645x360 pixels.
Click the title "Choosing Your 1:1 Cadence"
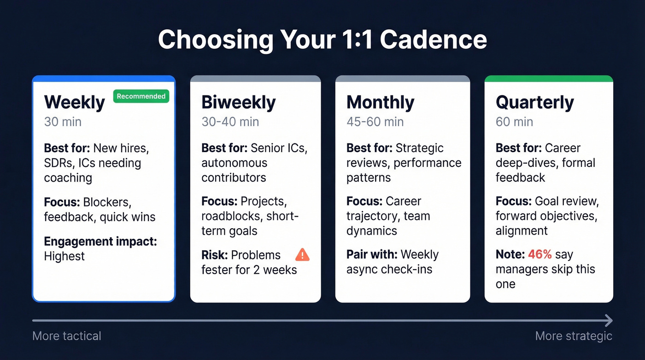[322, 40]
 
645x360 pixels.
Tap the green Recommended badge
[141, 96]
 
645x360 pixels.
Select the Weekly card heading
[75, 102]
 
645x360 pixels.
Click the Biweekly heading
[238, 102]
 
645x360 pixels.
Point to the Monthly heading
[380, 102]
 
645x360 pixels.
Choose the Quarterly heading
[534, 102]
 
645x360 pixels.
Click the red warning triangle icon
[302, 254]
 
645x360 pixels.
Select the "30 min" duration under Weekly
[63, 122]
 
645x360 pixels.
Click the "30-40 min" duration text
[230, 122]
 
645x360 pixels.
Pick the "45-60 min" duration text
[375, 122]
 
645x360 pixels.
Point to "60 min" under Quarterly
[514, 122]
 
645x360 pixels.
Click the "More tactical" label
[67, 336]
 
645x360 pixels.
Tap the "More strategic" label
[574, 336]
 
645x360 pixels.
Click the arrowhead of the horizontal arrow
[609, 320]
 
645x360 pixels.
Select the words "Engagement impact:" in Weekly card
[100, 242]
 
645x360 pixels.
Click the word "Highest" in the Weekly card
[64, 256]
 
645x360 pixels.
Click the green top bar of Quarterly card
[548, 79]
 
